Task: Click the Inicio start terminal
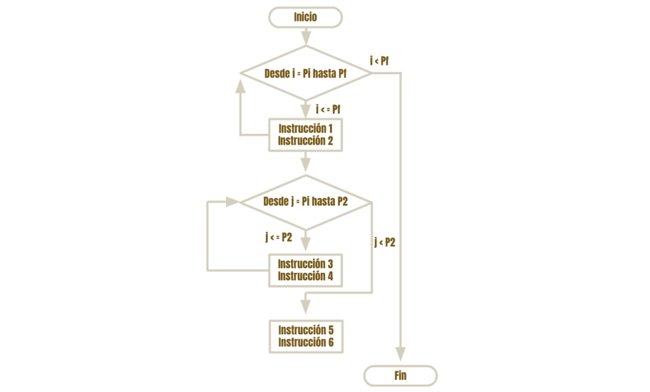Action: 305,17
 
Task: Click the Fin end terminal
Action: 401,376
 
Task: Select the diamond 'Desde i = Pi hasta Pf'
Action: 306,74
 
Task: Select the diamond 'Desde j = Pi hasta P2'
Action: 306,202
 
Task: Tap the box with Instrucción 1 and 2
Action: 305,135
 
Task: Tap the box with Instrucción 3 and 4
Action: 305,270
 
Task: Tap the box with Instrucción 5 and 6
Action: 306,336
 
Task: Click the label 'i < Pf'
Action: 380,61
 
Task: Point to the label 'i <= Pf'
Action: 328,109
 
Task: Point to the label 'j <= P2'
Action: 279,237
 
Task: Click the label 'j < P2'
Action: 385,242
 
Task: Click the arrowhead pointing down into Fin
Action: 401,354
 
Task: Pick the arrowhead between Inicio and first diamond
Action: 306,37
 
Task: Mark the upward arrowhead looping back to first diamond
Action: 240,86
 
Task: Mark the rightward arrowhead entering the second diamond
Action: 232,202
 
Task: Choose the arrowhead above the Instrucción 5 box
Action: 305,307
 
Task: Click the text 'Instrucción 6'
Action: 306,343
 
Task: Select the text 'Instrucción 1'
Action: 305,129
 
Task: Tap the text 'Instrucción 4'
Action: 305,277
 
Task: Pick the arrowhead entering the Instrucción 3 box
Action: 305,244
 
